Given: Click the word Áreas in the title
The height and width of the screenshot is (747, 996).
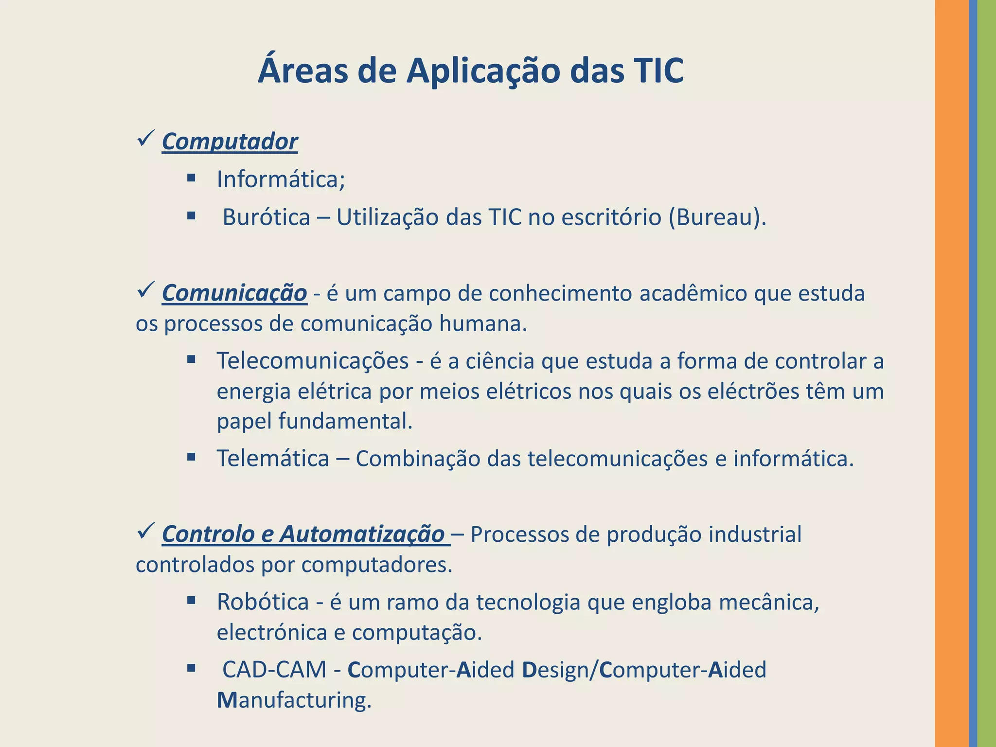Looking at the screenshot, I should pyautogui.click(x=303, y=71).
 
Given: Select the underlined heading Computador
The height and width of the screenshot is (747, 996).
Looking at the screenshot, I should pyautogui.click(x=230, y=142).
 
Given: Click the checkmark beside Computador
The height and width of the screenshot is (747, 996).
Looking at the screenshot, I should pyautogui.click(x=146, y=139).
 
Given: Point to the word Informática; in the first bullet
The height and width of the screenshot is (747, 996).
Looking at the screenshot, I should pyautogui.click(x=281, y=179).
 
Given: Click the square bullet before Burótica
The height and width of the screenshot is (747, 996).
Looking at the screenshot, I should pyautogui.click(x=191, y=215).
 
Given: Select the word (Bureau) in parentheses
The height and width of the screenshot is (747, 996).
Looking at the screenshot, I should pyautogui.click(x=717, y=217).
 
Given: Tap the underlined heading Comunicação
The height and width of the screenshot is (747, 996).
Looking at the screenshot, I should pyautogui.click(x=234, y=293).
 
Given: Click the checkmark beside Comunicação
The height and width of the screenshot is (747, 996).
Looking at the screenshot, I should pyautogui.click(x=146, y=290).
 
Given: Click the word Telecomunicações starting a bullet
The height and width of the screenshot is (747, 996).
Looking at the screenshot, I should pyautogui.click(x=313, y=361).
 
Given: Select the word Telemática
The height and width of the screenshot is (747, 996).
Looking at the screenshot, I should pyautogui.click(x=273, y=459).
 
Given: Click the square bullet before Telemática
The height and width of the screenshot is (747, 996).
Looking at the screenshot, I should pyautogui.click(x=191, y=457).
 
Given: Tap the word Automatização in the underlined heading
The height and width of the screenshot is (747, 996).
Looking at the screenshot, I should pyautogui.click(x=362, y=534).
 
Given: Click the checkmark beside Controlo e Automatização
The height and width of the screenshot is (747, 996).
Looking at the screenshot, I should pyautogui.click(x=146, y=531).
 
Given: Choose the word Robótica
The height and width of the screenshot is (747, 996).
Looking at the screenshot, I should pyautogui.click(x=263, y=602).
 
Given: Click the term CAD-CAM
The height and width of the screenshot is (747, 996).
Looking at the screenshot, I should pyautogui.click(x=274, y=670).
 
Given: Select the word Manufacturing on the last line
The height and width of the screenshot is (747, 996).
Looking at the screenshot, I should pyautogui.click(x=294, y=701).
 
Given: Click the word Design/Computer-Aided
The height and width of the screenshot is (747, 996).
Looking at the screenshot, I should pyautogui.click(x=644, y=670).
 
